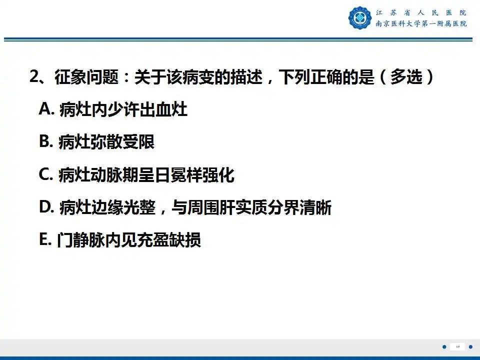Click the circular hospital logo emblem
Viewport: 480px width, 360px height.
(360, 18)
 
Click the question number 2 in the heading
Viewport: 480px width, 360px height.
(34, 77)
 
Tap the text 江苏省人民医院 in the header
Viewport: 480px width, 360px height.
(421, 12)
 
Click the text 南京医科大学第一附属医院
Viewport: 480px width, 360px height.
(421, 23)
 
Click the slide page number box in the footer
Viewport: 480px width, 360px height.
(457, 346)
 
